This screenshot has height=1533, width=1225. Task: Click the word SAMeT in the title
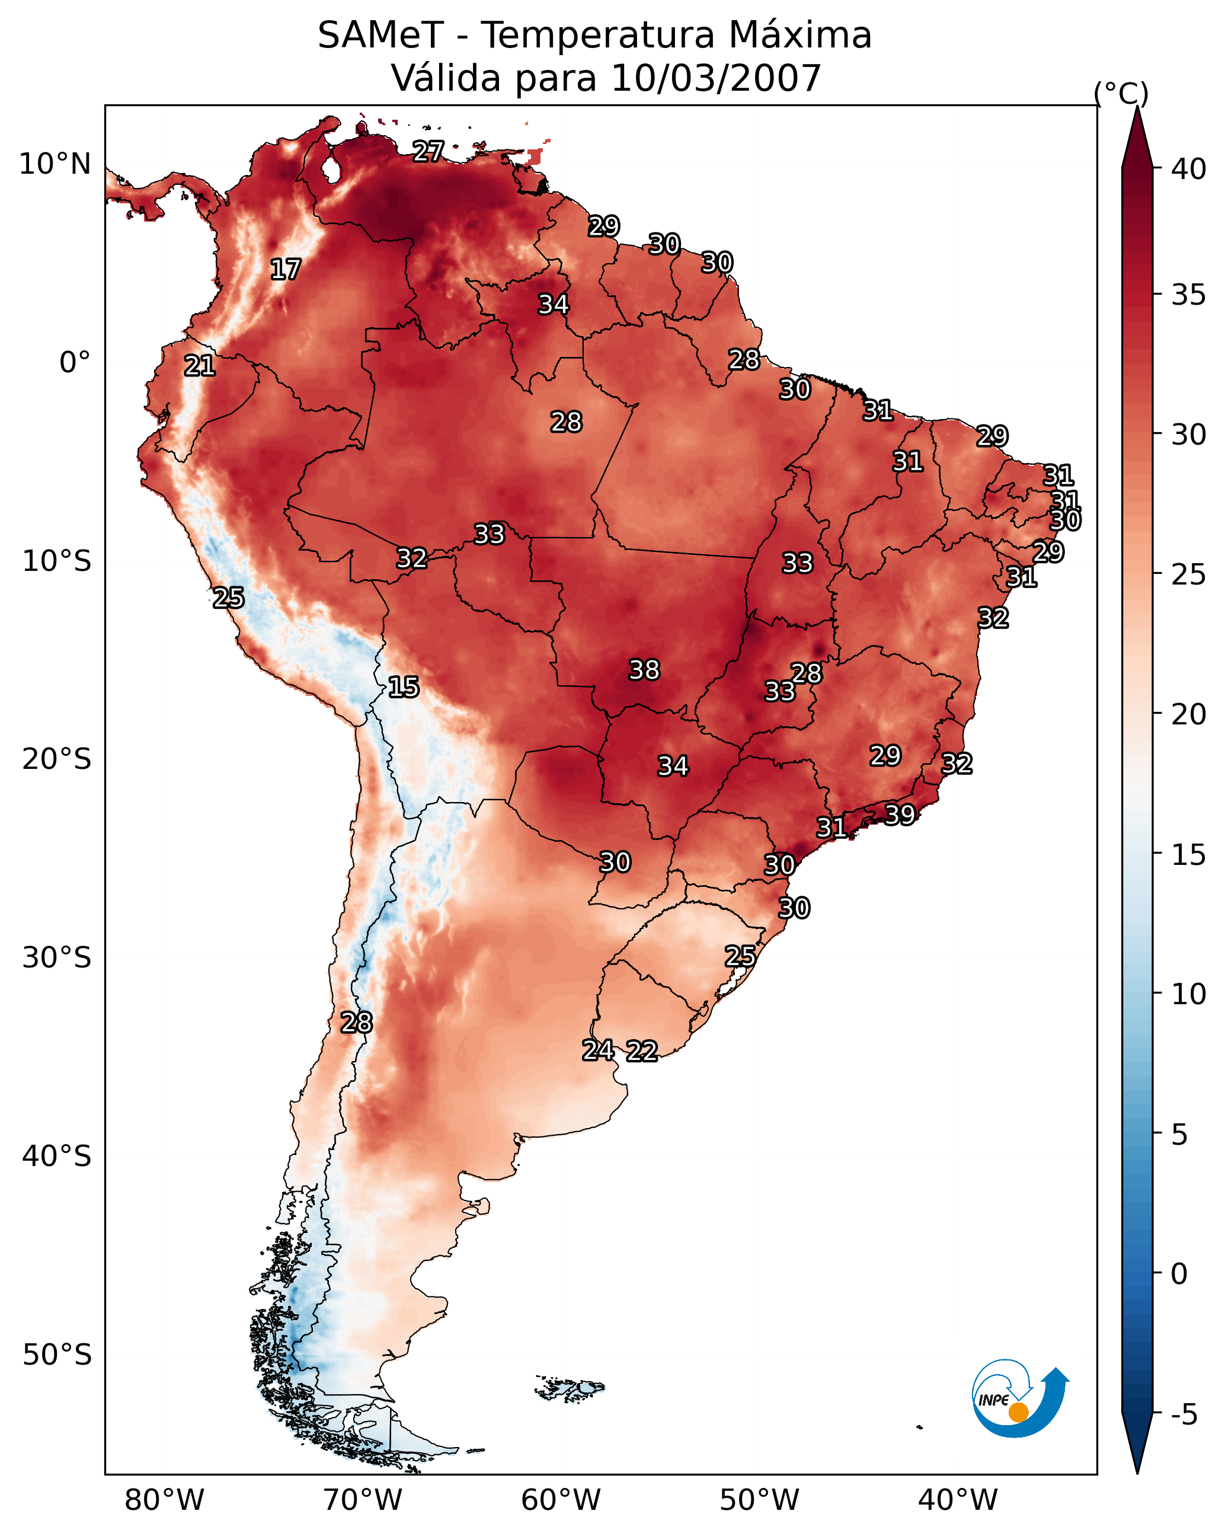(x=380, y=36)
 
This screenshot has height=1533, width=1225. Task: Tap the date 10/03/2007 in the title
(x=716, y=78)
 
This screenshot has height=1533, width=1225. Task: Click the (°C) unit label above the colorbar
(x=1121, y=93)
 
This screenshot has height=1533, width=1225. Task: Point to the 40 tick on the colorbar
(x=1189, y=169)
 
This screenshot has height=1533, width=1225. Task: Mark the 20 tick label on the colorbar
(x=1189, y=714)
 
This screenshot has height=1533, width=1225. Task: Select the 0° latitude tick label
(x=75, y=363)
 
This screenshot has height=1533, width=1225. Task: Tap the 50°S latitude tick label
(x=57, y=1355)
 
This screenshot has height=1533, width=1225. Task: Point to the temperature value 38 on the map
(x=644, y=670)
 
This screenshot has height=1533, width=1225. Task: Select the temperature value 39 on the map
(x=900, y=814)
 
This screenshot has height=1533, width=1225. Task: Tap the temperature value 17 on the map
(x=286, y=270)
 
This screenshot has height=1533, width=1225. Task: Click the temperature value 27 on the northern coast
(x=428, y=151)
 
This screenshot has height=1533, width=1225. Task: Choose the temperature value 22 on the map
(x=642, y=1051)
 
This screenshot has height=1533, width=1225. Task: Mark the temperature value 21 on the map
(x=200, y=366)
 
